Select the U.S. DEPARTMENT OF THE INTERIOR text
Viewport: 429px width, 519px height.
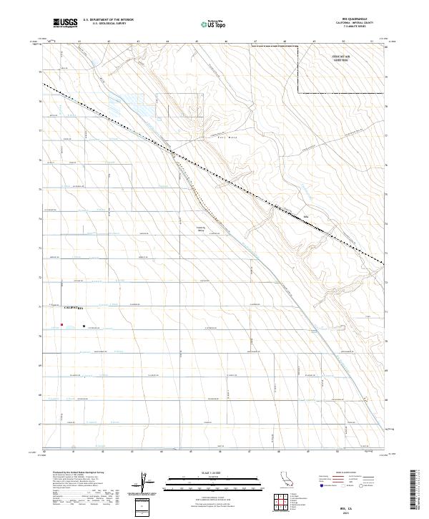point(108,21)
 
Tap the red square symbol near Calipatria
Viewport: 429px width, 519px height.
point(62,324)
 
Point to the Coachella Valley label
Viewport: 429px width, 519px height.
point(201,230)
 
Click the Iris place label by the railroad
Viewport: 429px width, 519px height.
point(305,214)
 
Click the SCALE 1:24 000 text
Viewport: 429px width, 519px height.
point(213,472)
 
